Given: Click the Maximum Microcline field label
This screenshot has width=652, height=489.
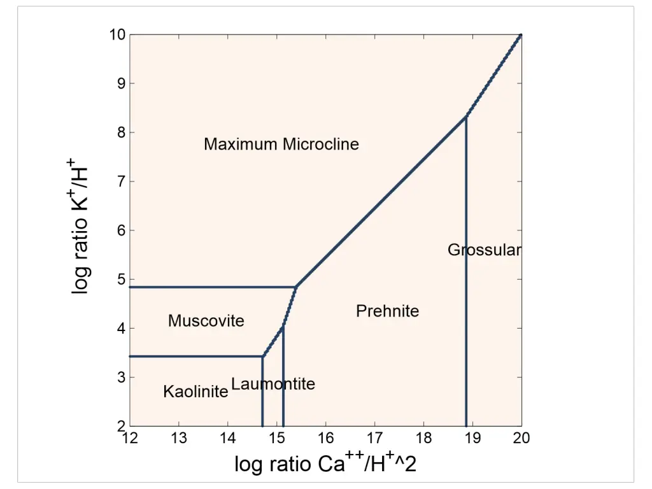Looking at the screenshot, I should pos(281,145).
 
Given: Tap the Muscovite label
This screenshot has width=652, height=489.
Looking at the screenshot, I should pos(206,321).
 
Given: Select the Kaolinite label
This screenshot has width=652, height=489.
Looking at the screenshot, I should pos(195,392).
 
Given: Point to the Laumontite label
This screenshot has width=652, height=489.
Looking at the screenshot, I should pos(273,384).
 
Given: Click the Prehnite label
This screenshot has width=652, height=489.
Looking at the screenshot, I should pos(387,311).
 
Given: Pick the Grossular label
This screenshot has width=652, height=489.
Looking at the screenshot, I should pos(484,250).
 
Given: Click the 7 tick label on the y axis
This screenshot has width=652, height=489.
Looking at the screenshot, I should pos(120,181).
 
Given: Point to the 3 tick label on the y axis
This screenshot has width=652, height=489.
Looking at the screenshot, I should pos(120,378).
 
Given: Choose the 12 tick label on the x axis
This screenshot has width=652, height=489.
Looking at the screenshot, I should pos(130,438).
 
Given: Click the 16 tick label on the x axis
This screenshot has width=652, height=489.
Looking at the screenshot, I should pos(325,438).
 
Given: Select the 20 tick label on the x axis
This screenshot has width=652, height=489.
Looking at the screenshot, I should pos(521,438).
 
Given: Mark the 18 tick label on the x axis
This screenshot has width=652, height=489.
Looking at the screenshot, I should pos(423,438).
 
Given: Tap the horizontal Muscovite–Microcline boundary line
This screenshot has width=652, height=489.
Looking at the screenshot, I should pos(210,287).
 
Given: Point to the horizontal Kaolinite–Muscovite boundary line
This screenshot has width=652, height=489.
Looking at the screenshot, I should pos(191,357).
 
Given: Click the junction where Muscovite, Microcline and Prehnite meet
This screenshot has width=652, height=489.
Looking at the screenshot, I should pos(295,287).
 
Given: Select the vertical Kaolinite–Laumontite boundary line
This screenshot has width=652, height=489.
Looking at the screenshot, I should pos(262,395).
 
